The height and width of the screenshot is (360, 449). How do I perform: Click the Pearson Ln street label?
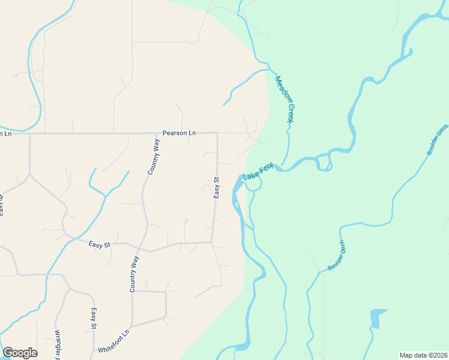pos(179,133)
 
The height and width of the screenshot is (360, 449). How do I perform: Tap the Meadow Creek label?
pos(284,100)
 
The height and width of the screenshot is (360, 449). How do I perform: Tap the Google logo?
pos(20,353)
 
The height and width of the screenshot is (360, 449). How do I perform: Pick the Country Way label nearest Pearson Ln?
pos(154,156)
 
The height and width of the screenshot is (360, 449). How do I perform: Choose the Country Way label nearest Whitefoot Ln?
pos(134,274)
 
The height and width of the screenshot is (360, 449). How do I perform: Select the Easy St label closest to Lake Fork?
pos(217,188)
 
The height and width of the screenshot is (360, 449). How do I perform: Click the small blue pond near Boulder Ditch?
pos(378,318)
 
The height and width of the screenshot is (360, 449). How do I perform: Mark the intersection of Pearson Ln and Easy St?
pos(217,133)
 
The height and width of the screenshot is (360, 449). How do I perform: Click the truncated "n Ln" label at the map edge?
pos(5,133)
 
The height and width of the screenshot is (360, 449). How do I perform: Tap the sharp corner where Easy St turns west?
pos(211,242)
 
